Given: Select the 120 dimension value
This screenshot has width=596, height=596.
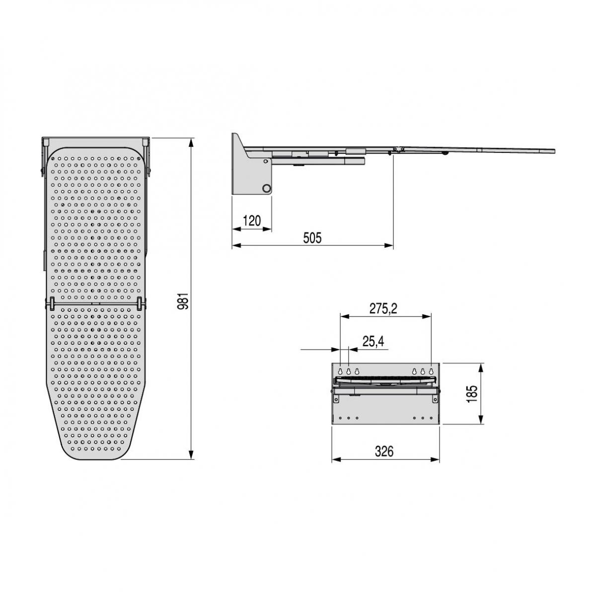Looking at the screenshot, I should pyautogui.click(x=252, y=221).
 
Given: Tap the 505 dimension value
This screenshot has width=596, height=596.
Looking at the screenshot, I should pyautogui.click(x=312, y=238).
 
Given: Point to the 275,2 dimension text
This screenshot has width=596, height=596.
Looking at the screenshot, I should pyautogui.click(x=383, y=308).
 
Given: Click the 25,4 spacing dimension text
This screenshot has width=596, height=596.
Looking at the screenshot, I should pyautogui.click(x=373, y=341).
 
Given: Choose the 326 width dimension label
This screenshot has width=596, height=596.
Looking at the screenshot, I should pyautogui.click(x=384, y=451).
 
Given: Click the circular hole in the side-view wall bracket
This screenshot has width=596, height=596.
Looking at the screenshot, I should pyautogui.click(x=267, y=188).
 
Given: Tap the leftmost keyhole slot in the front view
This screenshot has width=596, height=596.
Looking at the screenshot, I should pyautogui.click(x=341, y=372).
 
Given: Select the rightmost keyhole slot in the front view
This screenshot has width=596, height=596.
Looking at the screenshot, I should pyautogui.click(x=431, y=372).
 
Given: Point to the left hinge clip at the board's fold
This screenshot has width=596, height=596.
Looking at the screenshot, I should pyautogui.click(x=51, y=302).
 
